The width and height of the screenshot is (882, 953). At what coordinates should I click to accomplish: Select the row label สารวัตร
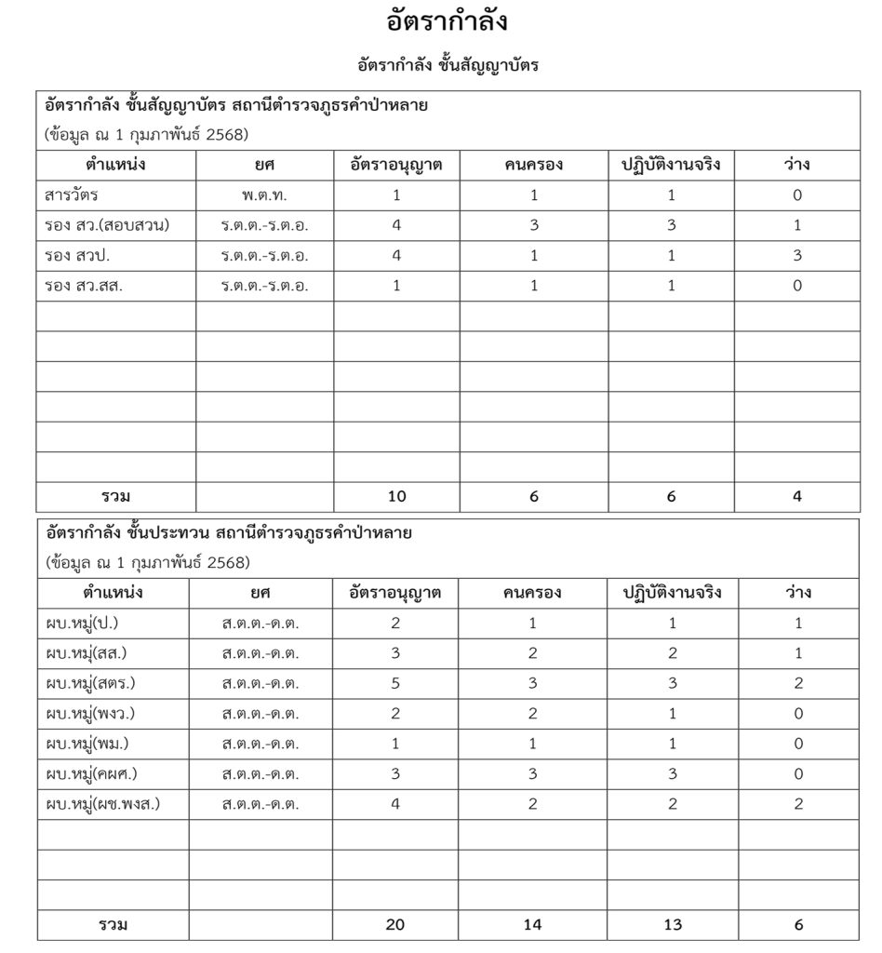[x=72, y=195]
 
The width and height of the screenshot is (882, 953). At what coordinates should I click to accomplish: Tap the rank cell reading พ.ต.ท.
[x=264, y=195]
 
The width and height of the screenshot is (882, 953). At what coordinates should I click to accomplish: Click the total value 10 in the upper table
[x=396, y=497]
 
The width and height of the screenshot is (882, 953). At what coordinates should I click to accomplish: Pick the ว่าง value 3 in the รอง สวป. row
[x=797, y=256]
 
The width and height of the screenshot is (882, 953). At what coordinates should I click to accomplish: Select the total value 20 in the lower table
[x=396, y=925]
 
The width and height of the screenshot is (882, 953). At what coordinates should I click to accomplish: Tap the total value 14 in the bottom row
[x=533, y=925]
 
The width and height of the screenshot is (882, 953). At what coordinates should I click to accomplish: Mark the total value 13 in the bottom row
[x=672, y=925]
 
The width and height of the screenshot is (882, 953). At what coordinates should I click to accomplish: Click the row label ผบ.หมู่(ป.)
[x=82, y=623]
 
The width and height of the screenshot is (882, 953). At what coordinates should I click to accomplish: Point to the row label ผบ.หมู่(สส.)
[x=86, y=653]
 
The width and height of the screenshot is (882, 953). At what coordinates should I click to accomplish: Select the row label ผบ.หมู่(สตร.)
[x=89, y=683]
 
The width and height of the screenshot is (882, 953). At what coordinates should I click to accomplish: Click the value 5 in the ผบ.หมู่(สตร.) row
[x=396, y=683]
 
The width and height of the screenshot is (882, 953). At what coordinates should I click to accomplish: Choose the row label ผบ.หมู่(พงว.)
[x=89, y=714]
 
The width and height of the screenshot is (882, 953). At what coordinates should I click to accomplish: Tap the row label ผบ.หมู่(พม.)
[x=87, y=744]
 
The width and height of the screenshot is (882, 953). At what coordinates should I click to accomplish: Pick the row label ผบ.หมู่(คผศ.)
[x=91, y=774]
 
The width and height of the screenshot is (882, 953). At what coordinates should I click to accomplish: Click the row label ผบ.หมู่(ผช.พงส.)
[x=101, y=804]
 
